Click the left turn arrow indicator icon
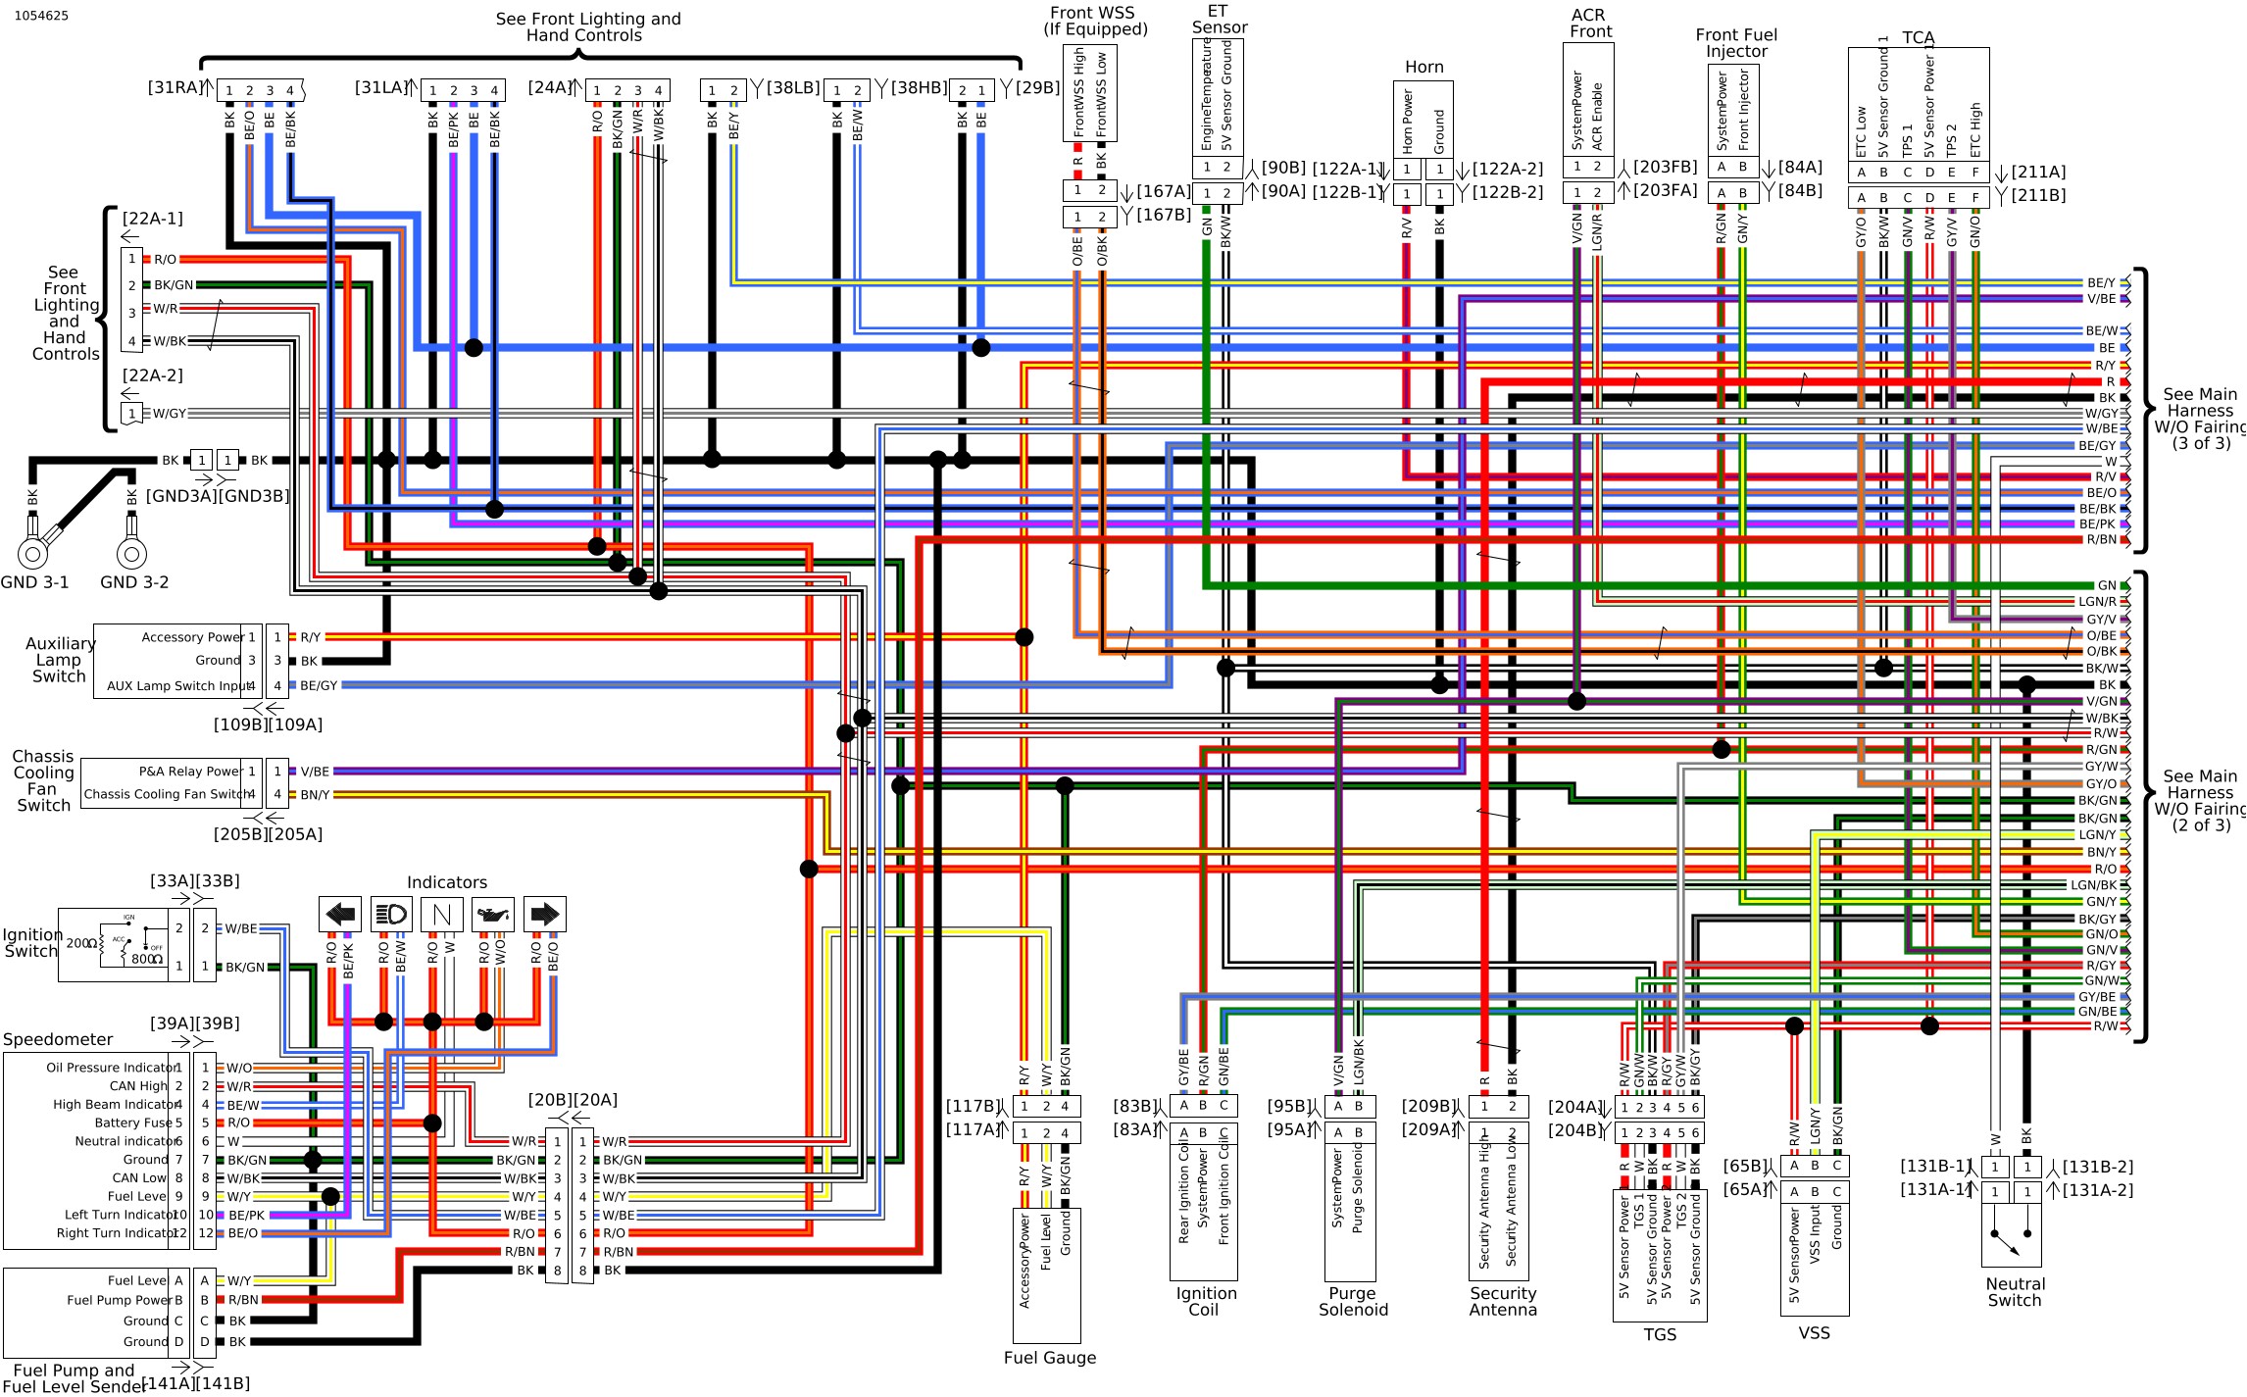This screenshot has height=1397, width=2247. tap(340, 915)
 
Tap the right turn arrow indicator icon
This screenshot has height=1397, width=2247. tap(544, 915)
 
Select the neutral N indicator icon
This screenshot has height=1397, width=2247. tap(442, 915)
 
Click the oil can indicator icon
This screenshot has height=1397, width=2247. tap(493, 915)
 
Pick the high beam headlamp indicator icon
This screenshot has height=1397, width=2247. tap(391, 915)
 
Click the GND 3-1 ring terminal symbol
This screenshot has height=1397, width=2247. tap(32, 553)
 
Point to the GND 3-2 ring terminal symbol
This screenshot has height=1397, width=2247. tap(131, 553)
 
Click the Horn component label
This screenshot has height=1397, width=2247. tap(1423, 67)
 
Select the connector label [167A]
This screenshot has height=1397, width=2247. tap(1163, 191)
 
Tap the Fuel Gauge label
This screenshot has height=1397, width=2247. tap(1049, 1358)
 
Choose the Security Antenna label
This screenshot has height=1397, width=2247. tap(1503, 1302)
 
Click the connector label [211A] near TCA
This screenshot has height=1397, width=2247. tap(2038, 172)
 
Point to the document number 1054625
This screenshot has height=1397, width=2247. tap(41, 16)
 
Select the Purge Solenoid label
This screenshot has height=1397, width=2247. tap(1353, 1302)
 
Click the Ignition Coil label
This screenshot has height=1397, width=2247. tap(1206, 1302)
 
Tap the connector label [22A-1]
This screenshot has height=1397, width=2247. tap(152, 219)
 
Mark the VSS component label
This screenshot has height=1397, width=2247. tap(1814, 1333)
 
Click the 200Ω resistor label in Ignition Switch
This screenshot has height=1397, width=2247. tap(81, 943)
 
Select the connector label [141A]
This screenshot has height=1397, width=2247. tap(168, 1383)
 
